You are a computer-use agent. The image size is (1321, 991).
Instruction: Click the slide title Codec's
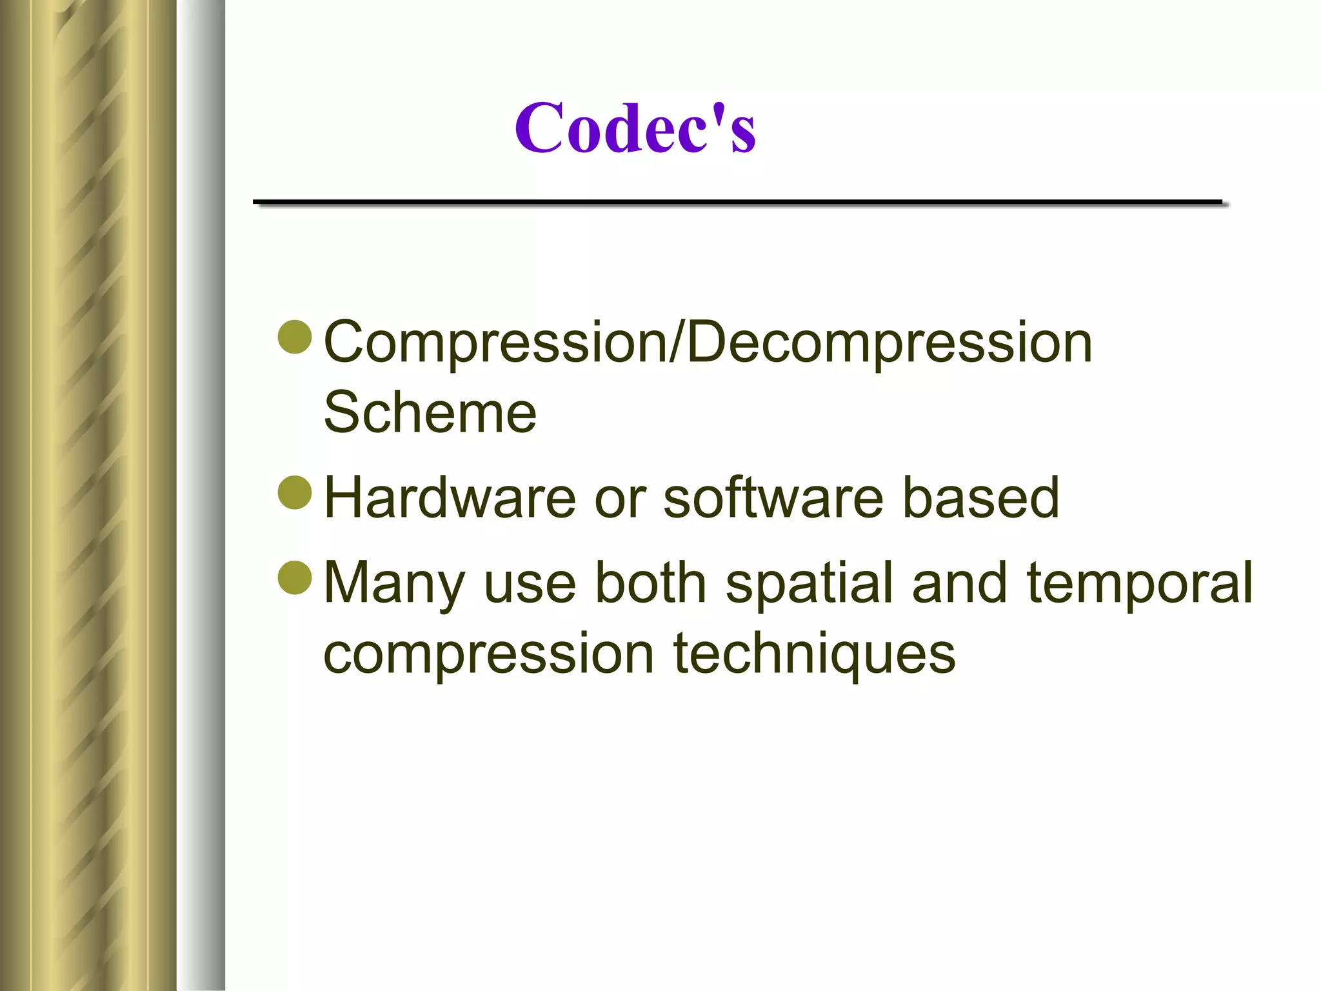635,128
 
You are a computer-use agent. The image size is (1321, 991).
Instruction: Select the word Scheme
430,412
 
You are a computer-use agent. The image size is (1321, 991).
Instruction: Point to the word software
773,497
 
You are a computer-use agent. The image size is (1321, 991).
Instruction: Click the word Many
393,584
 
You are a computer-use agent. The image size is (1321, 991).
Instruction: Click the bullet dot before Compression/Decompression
295,337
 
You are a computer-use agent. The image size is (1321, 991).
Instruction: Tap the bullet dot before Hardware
295,492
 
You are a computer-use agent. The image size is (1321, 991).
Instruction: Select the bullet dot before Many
295,577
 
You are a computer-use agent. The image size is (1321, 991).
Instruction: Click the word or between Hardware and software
619,499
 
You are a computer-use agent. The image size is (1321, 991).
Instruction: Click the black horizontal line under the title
737,203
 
